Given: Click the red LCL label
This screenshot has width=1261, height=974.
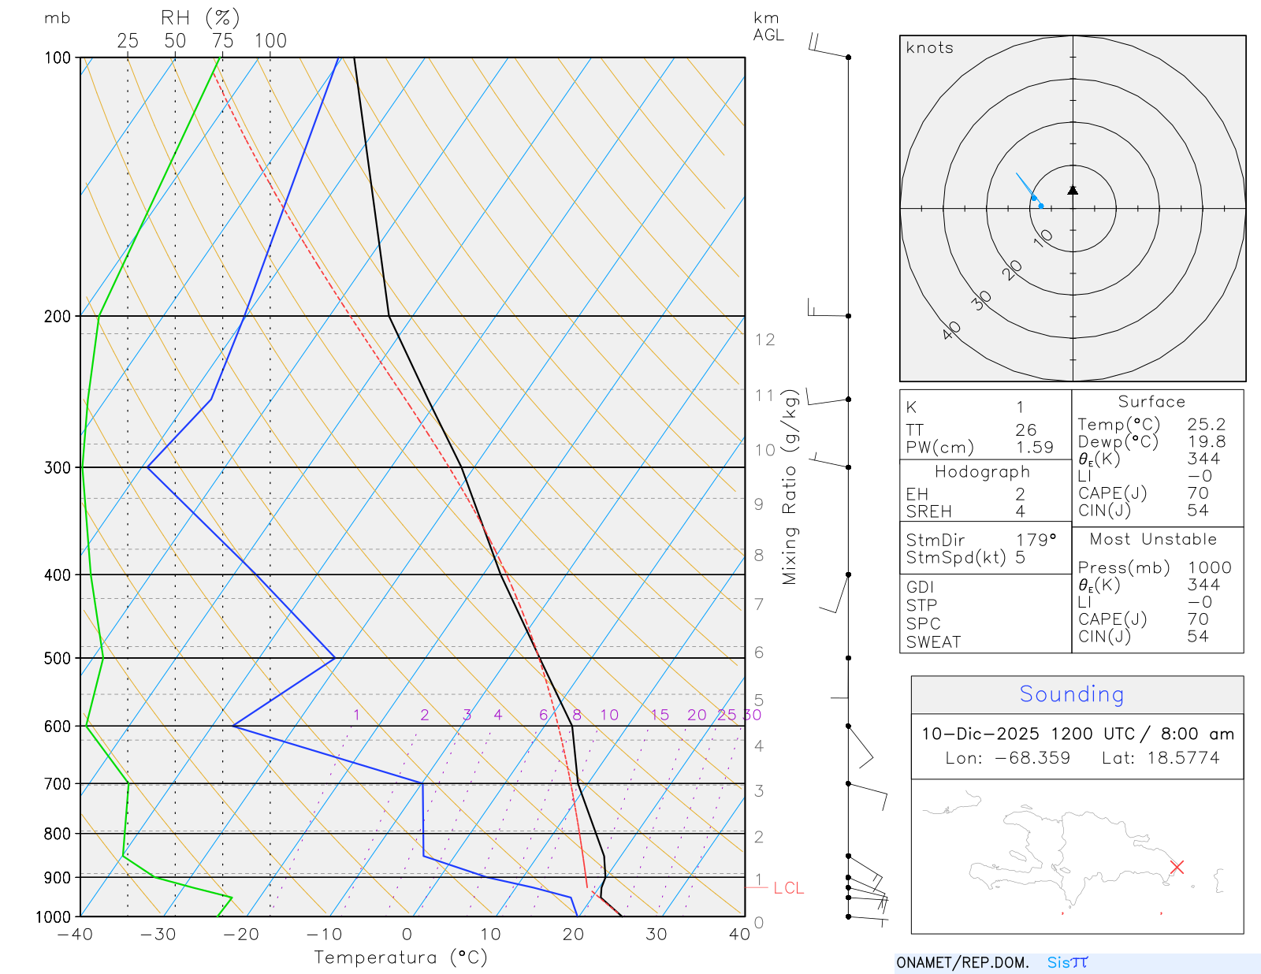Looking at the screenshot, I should pos(788,888).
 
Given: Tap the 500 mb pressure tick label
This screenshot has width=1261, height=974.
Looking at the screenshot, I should pos(58,658).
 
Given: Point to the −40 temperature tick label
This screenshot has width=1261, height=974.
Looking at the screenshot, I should pos(75,935).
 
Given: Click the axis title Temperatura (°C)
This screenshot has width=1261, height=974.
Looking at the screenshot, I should pos(400,957).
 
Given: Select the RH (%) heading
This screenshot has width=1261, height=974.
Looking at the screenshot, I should pos(200,18).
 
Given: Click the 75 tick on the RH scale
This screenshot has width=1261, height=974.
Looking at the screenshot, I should pos(222,41).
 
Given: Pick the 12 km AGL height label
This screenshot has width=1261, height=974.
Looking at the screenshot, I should pos(764,340).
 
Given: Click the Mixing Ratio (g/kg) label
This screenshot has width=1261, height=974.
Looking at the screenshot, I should pos(790,487).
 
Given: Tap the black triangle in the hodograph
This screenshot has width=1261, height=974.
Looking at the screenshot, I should pos(1073,190).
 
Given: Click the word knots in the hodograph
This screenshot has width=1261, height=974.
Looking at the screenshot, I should pos(930,48).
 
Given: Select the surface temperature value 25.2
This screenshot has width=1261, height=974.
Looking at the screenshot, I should pos(1206,425).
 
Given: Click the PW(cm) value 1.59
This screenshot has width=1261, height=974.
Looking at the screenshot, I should pos(1034,448).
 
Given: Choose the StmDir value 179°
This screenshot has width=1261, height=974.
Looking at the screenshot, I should pos(1036,541).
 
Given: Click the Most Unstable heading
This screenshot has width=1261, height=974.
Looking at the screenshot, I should pos(1153,540).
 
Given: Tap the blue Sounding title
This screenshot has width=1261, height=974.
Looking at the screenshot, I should pos(1072,694).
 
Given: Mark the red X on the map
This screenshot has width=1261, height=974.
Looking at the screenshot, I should pos(1177,867).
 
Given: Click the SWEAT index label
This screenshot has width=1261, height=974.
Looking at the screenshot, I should pos(933,642).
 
